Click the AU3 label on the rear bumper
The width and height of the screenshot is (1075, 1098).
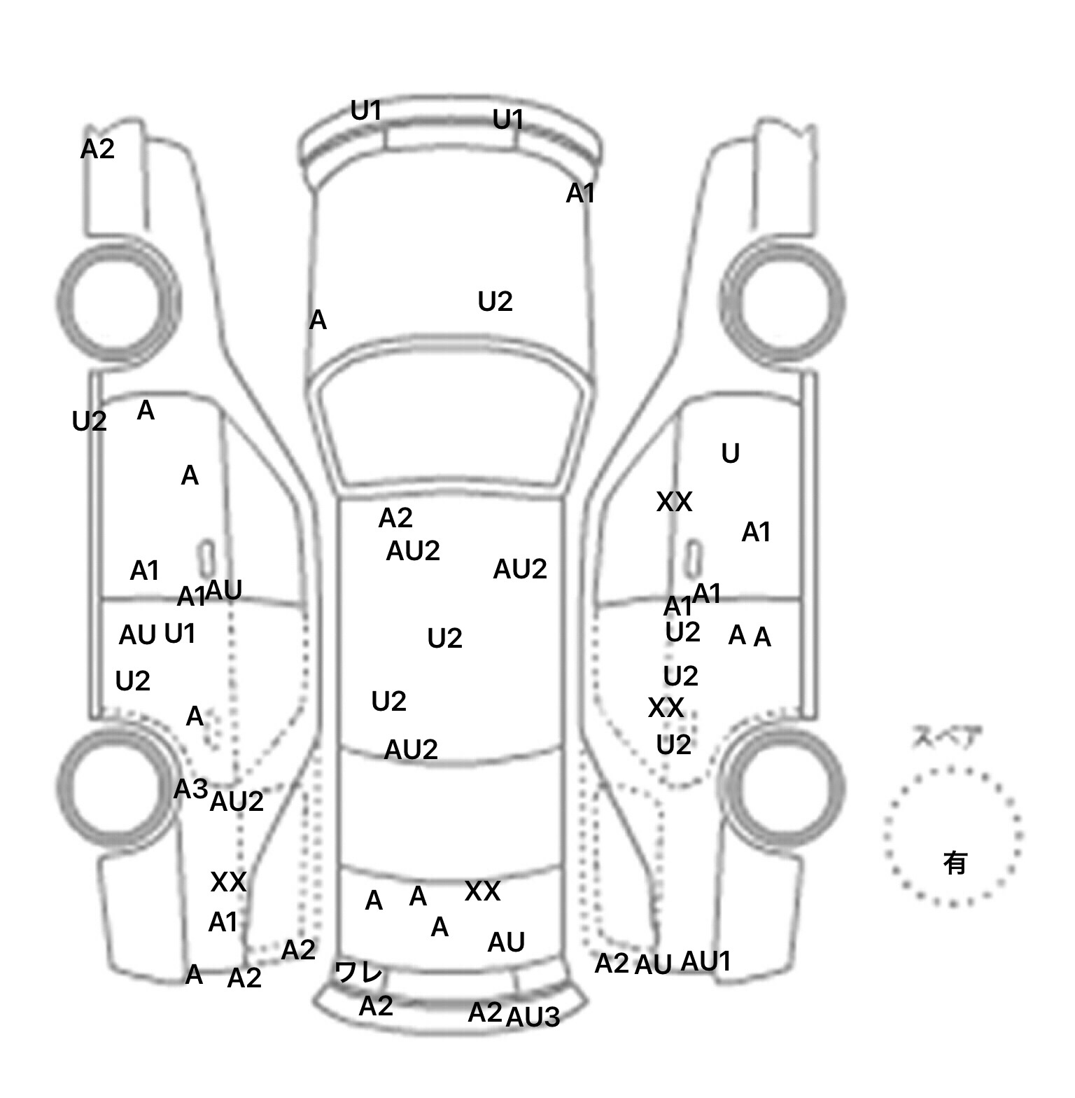pos(533,1017)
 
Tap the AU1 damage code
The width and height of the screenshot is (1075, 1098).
pos(705,961)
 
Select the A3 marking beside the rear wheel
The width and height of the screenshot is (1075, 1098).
pos(190,789)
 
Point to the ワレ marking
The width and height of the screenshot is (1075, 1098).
pos(359,972)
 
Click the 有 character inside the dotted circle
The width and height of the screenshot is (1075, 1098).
pos(955,863)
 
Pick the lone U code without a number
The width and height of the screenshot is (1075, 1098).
pos(730,454)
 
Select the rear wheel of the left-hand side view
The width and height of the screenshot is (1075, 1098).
pos(116,781)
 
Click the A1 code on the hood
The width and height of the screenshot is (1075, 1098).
pos(580,193)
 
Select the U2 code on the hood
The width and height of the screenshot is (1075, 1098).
pos(495,302)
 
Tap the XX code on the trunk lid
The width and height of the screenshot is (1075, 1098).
pos(482,891)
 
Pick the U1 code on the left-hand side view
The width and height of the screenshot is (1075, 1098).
pos(179,634)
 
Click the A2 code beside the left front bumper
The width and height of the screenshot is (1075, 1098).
pos(97,148)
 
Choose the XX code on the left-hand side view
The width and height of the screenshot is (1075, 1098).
pos(228,882)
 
